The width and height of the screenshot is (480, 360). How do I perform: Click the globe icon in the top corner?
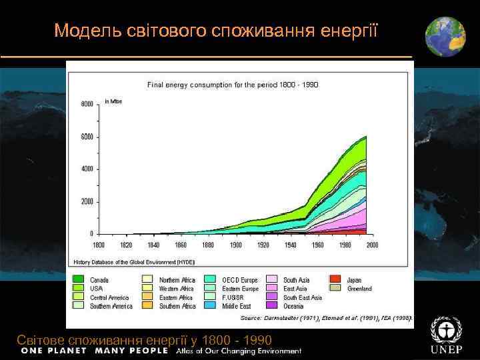pyautogui.click(x=445, y=36)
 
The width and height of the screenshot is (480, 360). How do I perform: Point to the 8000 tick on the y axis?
pyautogui.click(x=87, y=105)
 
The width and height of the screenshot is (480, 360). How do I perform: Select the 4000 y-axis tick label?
pyautogui.click(x=87, y=169)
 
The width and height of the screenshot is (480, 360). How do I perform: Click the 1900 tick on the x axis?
pyautogui.click(x=235, y=245)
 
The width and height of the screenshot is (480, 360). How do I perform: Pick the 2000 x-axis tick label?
pyautogui.click(x=372, y=245)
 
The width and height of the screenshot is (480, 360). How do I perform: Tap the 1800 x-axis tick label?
pyautogui.click(x=98, y=245)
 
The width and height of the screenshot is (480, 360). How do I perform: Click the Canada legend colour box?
pyautogui.click(x=79, y=279)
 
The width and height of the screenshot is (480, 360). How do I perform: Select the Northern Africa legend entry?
pyautogui.click(x=176, y=279)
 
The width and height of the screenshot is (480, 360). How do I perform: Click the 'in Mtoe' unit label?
pyautogui.click(x=113, y=101)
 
